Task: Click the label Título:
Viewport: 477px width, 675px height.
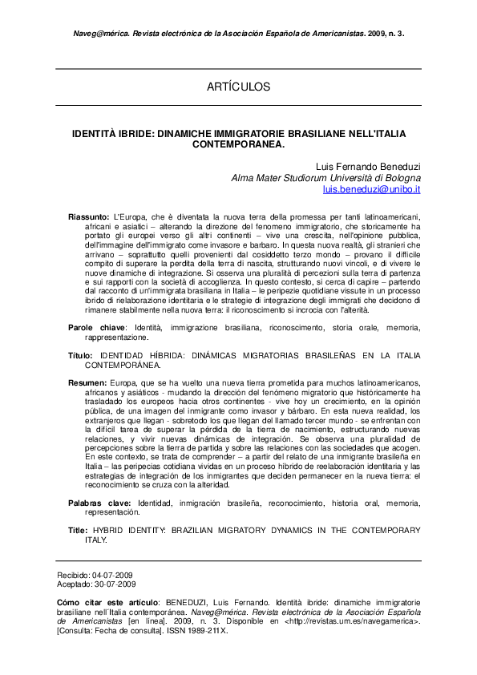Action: (x=80, y=354)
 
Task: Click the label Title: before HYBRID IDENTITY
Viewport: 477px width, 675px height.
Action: (x=78, y=531)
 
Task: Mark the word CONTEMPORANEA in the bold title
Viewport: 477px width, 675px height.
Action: (x=238, y=145)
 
